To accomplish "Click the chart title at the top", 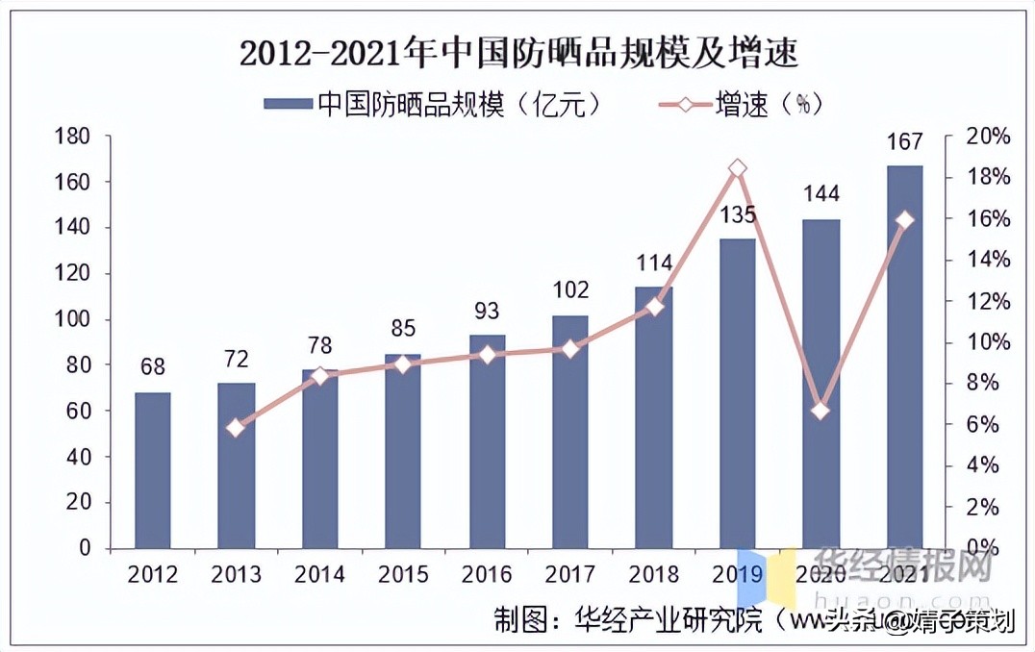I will (518, 52).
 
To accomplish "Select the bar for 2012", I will (152, 470).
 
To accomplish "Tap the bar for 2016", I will (487, 441).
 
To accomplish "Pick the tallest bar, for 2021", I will (905, 356).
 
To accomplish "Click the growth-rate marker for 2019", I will (738, 168).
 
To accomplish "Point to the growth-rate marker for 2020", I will (820, 411).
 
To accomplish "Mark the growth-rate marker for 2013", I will (236, 428).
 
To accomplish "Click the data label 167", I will (905, 142).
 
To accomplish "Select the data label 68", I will (152, 367).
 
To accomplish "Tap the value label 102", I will (570, 289).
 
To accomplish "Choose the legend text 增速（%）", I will (769, 104).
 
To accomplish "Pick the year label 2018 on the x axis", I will (654, 574).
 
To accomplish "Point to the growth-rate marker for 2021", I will (904, 220).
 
